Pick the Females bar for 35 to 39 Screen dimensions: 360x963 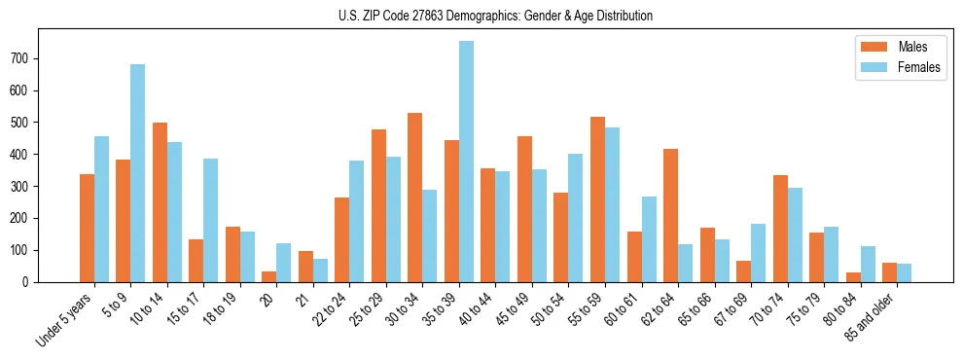click(467, 162)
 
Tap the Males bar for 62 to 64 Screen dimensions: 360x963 click(670, 215)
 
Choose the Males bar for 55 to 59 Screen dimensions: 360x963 click(597, 199)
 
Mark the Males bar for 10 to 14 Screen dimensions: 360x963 click(160, 202)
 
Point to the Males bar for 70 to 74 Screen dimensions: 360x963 click(780, 229)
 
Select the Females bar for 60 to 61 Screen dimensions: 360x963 click(649, 239)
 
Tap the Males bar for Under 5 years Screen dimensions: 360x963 click(87, 228)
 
